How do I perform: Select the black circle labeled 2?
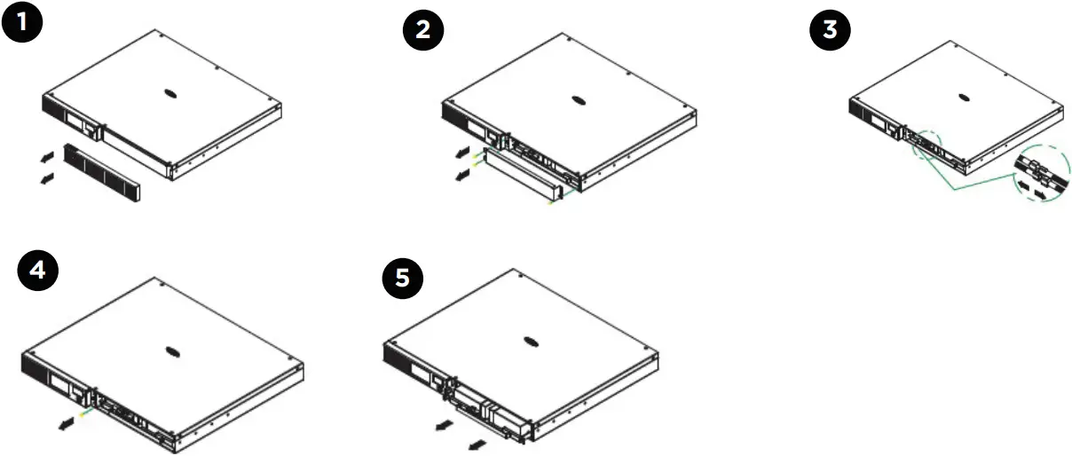[423, 31]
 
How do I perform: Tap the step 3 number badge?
[830, 31]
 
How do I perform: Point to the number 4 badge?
[38, 271]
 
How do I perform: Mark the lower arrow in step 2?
[461, 175]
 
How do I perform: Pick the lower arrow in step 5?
[477, 442]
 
